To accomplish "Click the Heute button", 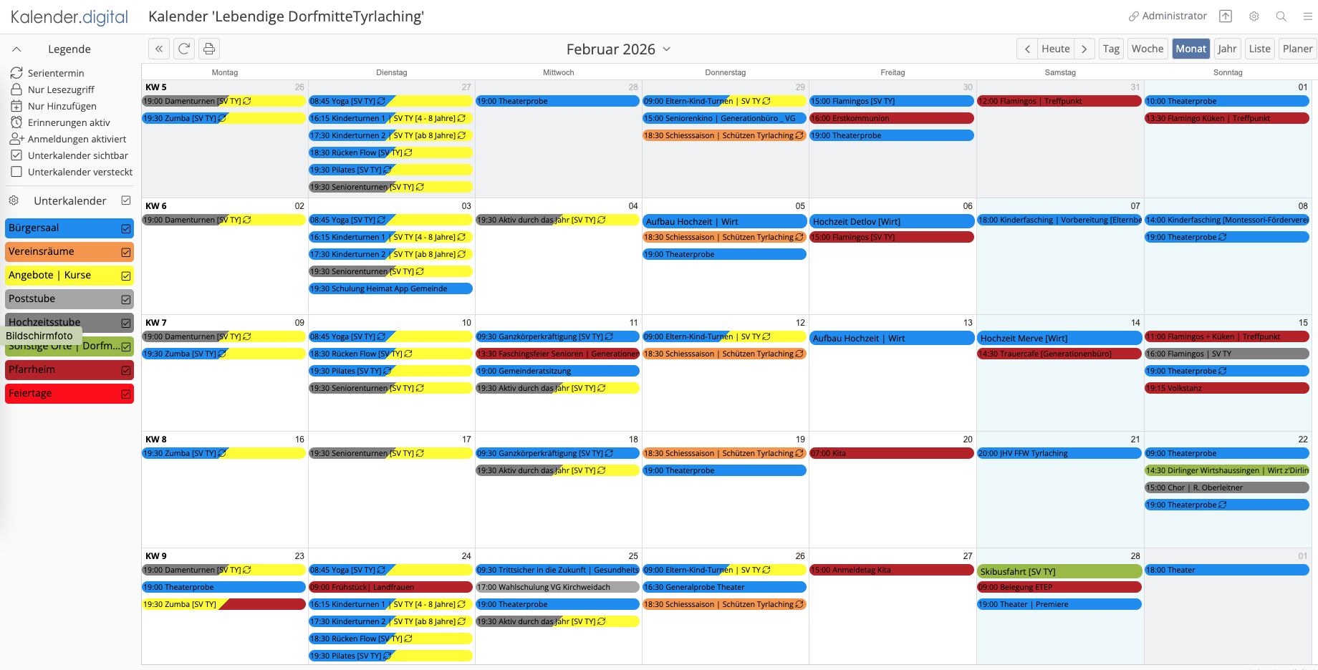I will [x=1055, y=49].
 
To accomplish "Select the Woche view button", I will [x=1147, y=49].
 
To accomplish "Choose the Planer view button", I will [x=1297, y=49].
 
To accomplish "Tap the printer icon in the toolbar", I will [x=209, y=49].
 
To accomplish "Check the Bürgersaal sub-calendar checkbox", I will [x=126, y=228].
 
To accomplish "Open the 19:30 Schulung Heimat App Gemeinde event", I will [x=390, y=289].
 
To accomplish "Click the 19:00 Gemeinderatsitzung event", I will [x=557, y=372].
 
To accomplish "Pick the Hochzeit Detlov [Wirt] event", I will [x=891, y=222].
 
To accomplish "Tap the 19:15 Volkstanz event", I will [x=1226, y=389].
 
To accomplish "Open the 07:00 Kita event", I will [x=891, y=454].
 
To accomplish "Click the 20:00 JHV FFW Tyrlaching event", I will [x=1059, y=454].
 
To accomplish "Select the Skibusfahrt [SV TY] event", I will [x=1059, y=572].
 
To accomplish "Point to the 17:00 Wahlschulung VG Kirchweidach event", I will [x=557, y=588].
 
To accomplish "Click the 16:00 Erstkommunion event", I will [x=891, y=119].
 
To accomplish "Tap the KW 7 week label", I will [x=156, y=323].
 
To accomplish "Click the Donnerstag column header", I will [x=725, y=72].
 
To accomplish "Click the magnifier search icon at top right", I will [x=1281, y=16].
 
